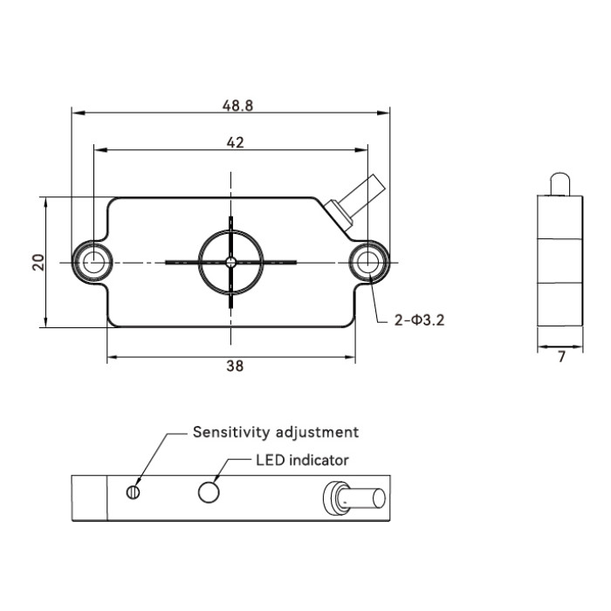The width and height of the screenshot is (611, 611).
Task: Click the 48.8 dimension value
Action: click(237, 106)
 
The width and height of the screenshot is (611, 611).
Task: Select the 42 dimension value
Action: click(236, 142)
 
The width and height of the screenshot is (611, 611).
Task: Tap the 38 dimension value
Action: click(235, 366)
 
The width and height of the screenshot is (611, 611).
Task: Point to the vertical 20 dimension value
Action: click(38, 262)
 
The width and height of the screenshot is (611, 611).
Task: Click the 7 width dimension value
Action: click(561, 356)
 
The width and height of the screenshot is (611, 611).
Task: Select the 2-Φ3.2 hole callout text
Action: click(419, 320)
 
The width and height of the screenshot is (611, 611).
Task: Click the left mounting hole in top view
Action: click(94, 262)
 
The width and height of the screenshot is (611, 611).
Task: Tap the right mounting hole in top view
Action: click(367, 262)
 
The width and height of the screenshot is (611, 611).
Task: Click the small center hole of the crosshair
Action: click(231, 262)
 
